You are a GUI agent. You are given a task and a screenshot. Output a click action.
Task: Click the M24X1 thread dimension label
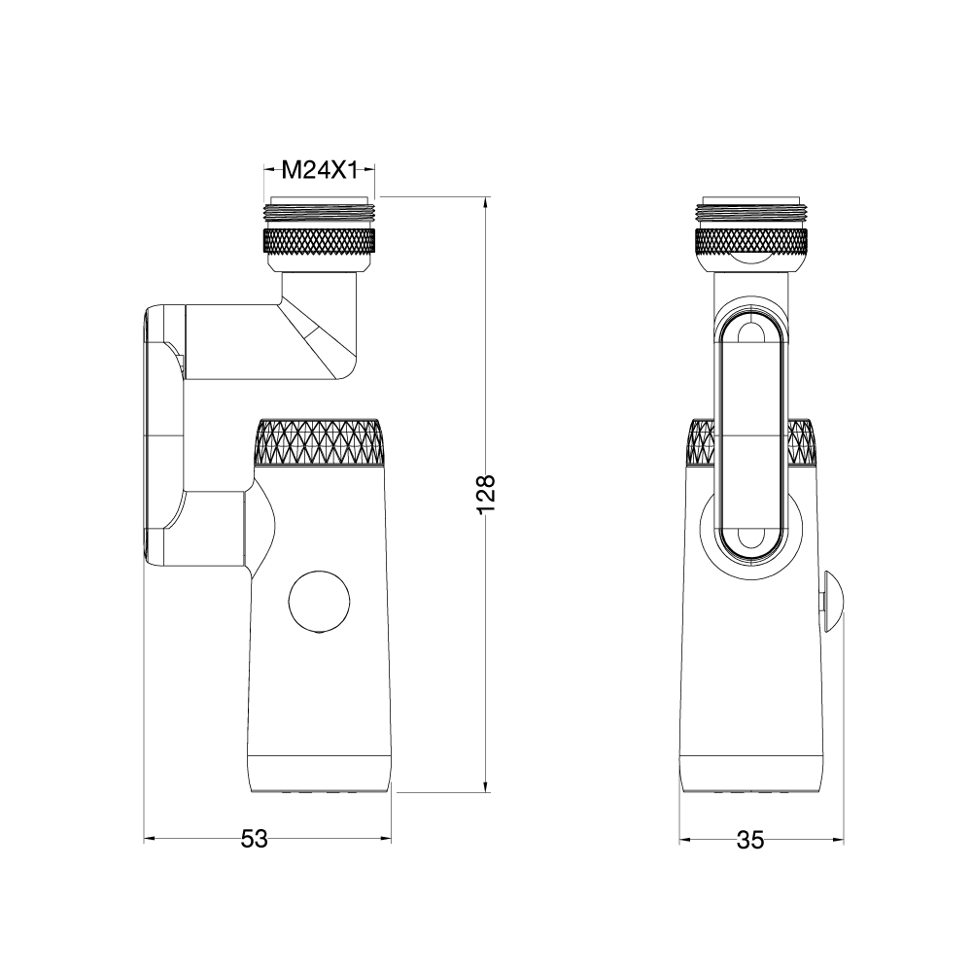click(x=320, y=169)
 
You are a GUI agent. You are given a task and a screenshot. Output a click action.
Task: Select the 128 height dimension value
click(x=486, y=494)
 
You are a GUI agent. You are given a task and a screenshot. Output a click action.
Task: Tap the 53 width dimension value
click(x=254, y=840)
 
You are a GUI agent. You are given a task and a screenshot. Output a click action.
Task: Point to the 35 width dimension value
click(x=750, y=841)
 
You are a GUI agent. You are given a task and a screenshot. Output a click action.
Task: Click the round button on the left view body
click(x=319, y=602)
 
